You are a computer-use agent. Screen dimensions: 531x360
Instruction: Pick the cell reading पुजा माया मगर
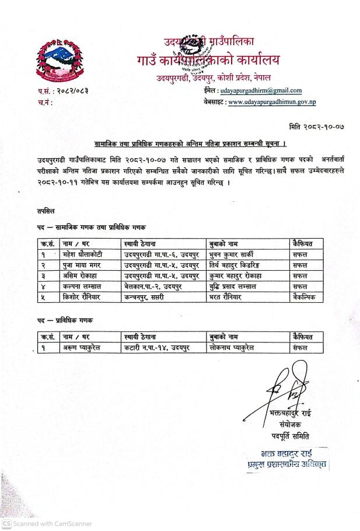click(82, 265)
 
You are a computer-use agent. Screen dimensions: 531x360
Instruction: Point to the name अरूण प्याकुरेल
click(84, 348)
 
